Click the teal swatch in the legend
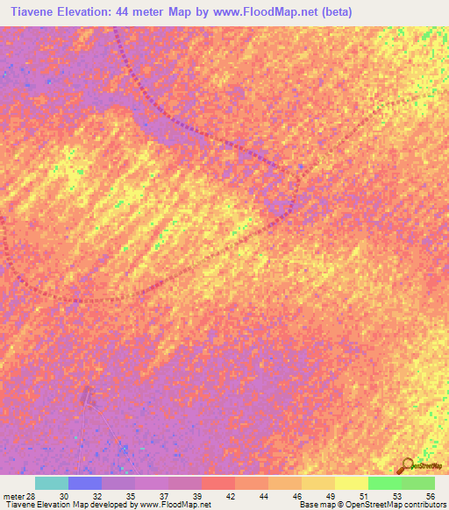point(52,483)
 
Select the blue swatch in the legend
point(85,483)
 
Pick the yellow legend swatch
point(352,483)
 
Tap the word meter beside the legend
point(12,496)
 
